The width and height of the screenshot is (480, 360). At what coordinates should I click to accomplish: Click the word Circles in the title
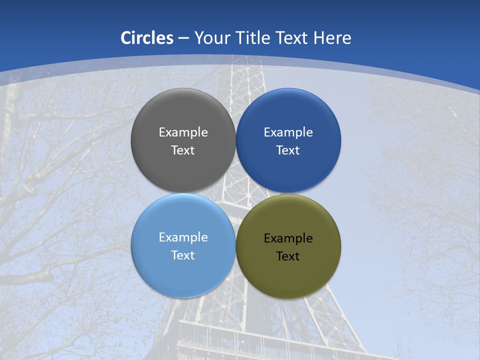pos(147,38)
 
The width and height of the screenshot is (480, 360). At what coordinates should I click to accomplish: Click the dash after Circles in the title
pos(183,38)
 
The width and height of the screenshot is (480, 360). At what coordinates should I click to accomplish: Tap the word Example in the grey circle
pos(183,132)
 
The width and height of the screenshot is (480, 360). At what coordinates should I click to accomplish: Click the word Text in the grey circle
pos(183,150)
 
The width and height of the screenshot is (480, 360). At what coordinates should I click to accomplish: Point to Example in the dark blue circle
pos(288,132)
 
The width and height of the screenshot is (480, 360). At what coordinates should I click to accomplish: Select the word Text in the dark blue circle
pos(288,150)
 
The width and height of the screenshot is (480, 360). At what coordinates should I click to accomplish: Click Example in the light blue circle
pos(183,237)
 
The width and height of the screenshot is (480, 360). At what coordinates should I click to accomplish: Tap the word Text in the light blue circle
pos(183,255)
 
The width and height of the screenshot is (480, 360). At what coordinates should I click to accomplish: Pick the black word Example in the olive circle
pos(288,238)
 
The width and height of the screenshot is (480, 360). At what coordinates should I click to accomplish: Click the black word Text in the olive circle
pos(288,256)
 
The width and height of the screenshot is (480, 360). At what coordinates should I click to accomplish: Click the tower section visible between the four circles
pos(236,193)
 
